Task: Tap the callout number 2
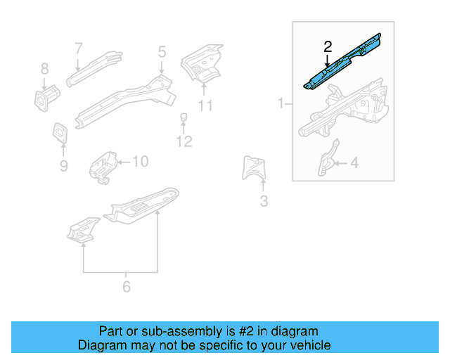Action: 327,47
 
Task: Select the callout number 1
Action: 281,103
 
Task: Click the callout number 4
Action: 354,163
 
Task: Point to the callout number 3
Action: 263,202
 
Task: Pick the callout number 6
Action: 127,286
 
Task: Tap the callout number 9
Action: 63,166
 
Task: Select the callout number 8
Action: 45,69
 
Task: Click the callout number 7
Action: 79,49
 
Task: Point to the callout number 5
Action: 162,51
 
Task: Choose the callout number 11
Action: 205,105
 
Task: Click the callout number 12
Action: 184,142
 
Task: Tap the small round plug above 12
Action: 184,116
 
